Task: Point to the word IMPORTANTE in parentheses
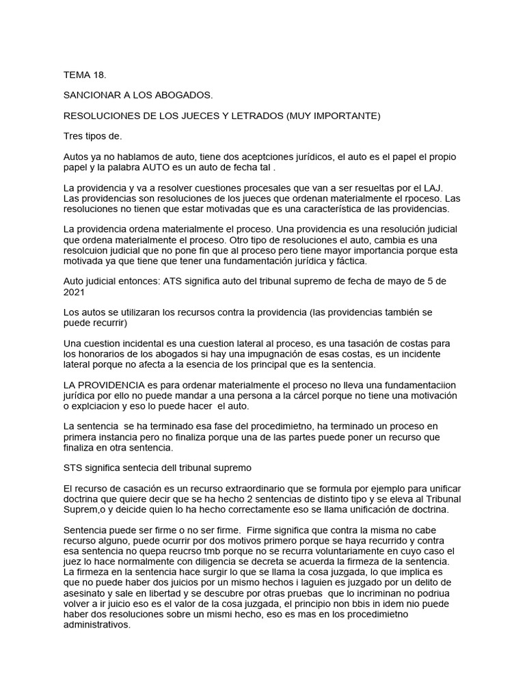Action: coord(345,116)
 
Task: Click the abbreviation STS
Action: coord(75,468)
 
